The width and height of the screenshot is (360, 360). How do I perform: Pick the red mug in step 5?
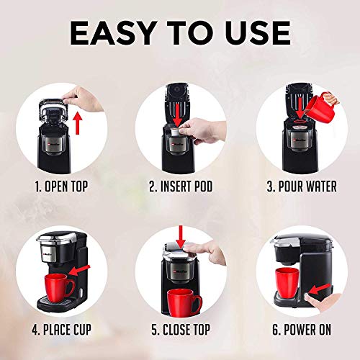[184, 302]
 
